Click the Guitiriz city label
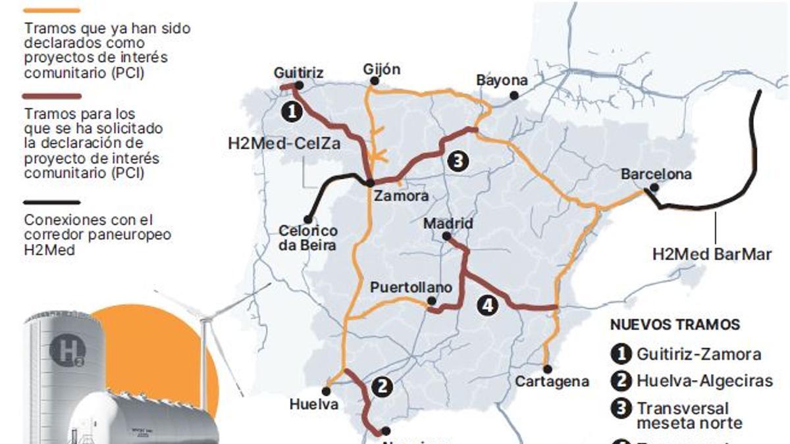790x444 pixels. point(299,72)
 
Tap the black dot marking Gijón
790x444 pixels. point(373,82)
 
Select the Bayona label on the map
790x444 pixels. point(502,80)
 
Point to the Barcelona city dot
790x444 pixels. point(654,187)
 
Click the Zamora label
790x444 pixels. point(401,196)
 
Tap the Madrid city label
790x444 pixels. point(448,224)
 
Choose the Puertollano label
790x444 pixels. point(411,287)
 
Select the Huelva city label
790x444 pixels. point(314,405)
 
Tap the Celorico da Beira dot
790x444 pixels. point(308,220)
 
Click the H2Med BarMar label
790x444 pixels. point(712,254)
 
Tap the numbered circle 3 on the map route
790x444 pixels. point(457,160)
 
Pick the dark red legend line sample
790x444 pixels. point(51,96)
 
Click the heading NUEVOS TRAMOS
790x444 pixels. point(675,325)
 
